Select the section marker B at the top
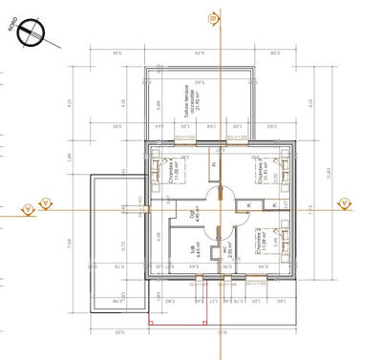(x=215, y=17)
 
